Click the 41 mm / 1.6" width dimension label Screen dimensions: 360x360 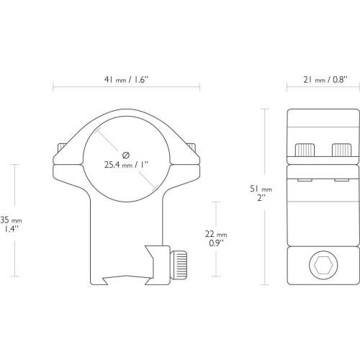[127, 80]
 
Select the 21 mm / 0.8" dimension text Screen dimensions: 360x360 [325, 80]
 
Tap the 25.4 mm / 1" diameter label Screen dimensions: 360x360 [127, 165]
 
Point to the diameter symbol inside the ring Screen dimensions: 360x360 [126, 156]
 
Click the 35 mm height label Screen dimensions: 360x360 [11, 220]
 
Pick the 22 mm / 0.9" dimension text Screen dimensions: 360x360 [216, 238]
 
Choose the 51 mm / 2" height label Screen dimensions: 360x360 [261, 193]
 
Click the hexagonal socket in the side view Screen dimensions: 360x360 [323, 265]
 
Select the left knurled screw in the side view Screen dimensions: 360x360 [305, 150]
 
